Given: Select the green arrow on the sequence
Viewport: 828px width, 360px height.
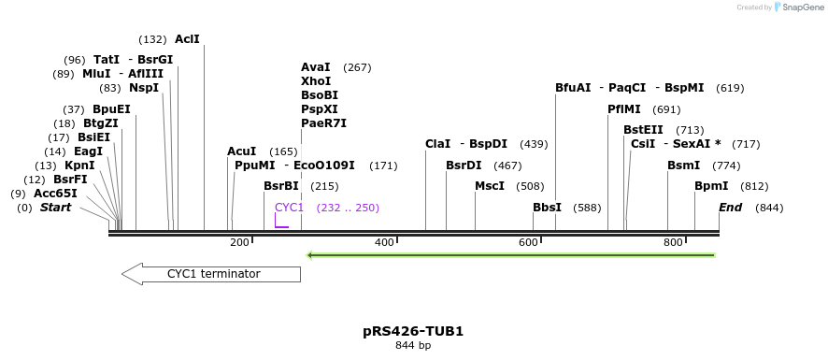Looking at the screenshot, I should [x=511, y=254].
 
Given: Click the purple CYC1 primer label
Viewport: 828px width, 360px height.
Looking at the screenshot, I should [x=289, y=208].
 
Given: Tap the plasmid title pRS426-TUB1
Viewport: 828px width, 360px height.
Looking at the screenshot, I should [x=413, y=331].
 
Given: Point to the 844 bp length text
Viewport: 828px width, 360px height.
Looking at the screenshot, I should [x=413, y=346].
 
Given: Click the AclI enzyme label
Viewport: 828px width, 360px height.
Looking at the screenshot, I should [x=187, y=39].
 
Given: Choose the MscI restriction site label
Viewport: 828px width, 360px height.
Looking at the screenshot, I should [x=490, y=186].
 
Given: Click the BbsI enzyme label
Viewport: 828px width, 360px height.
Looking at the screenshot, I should [x=547, y=208].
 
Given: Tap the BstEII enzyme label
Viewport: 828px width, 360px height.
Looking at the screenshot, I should [x=643, y=130].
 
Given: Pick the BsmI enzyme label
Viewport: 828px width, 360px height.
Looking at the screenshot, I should [x=683, y=166].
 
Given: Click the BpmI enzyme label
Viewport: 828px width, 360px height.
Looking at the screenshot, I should [x=710, y=186].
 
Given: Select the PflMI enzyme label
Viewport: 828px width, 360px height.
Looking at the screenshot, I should [x=624, y=109].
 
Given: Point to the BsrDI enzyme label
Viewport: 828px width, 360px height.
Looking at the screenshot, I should [x=464, y=166].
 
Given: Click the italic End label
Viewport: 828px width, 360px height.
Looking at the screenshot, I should [x=730, y=208].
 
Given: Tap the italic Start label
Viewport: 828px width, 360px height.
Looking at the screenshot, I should [x=55, y=208].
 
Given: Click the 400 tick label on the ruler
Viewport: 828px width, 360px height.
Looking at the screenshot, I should [x=384, y=242].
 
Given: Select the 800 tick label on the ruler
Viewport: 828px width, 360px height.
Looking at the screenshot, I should [x=673, y=242].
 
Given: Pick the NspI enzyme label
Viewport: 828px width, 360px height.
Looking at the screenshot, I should [x=144, y=88].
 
